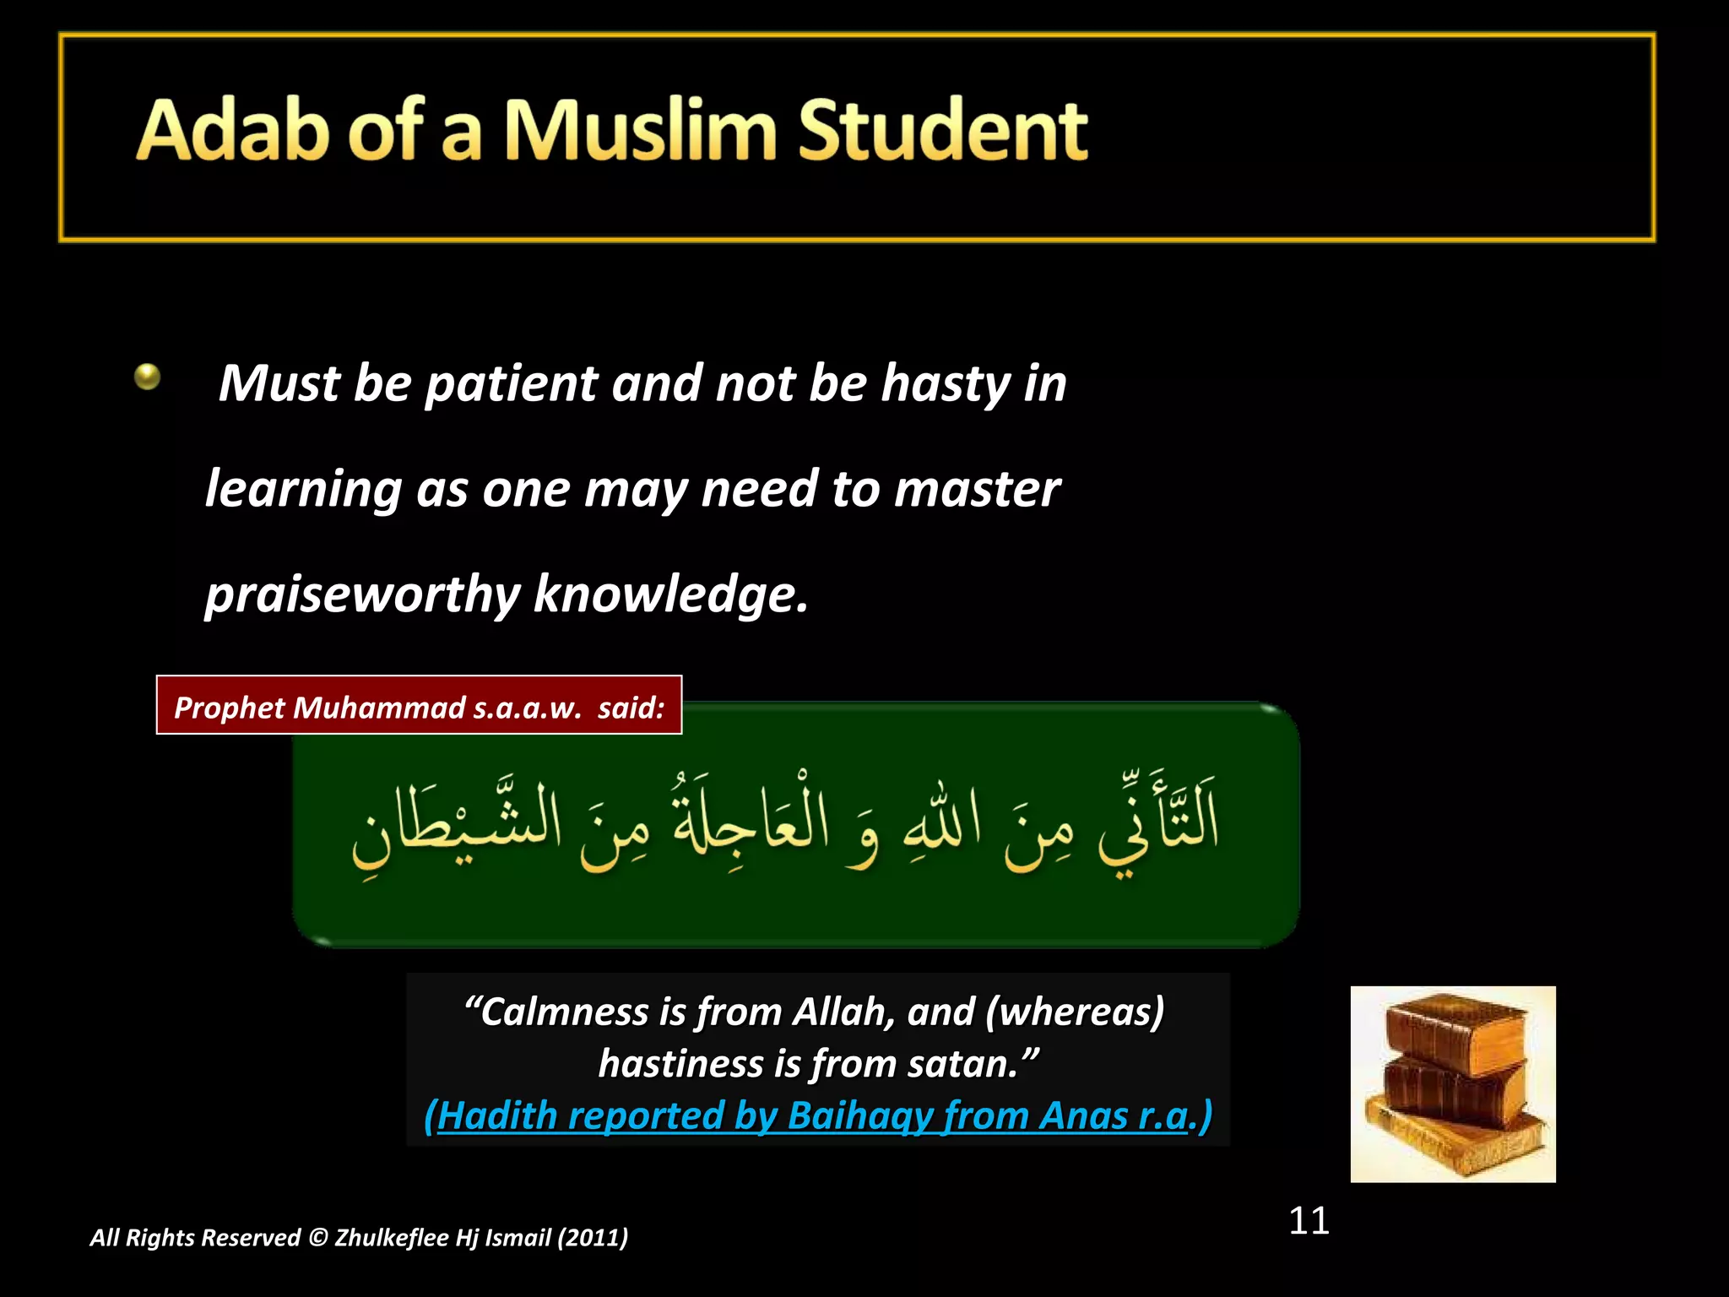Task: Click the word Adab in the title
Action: coord(231,130)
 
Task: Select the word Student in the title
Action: coord(942,130)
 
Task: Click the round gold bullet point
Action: coord(147,376)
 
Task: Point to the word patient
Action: coord(512,384)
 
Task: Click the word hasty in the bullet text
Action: coord(946,384)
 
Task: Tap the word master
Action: coord(977,490)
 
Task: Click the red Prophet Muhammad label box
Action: coord(419,706)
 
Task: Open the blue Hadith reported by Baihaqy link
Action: coord(817,1116)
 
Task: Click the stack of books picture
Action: coord(1452,1084)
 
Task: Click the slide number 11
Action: coord(1309,1221)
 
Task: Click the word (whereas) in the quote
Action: coord(1075,1012)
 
